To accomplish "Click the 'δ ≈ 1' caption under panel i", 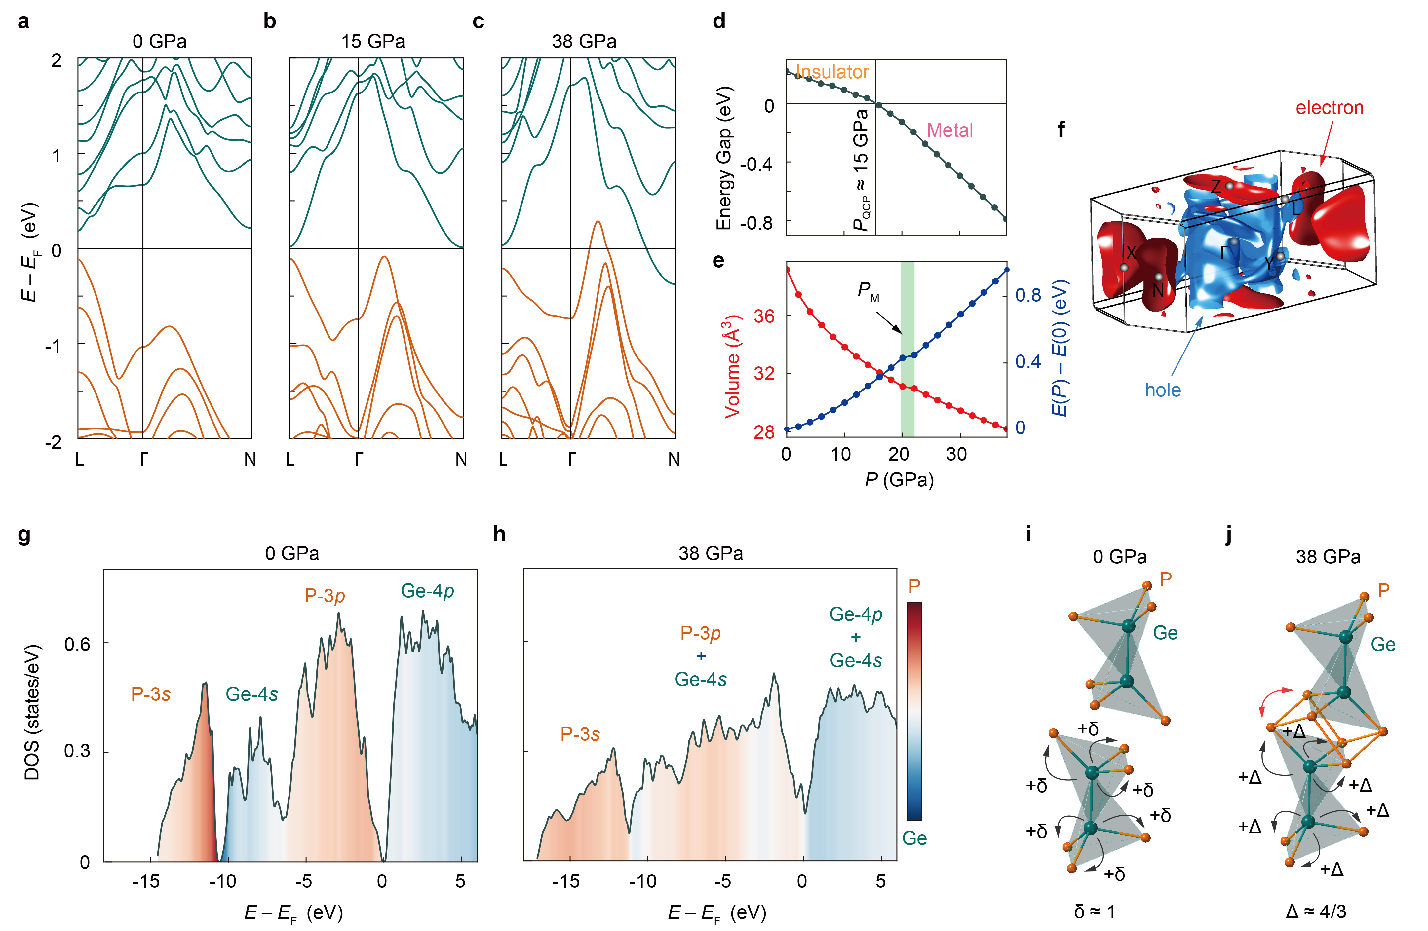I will [1094, 912].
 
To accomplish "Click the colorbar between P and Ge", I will [914, 711].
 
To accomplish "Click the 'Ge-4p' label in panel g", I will [427, 591].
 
